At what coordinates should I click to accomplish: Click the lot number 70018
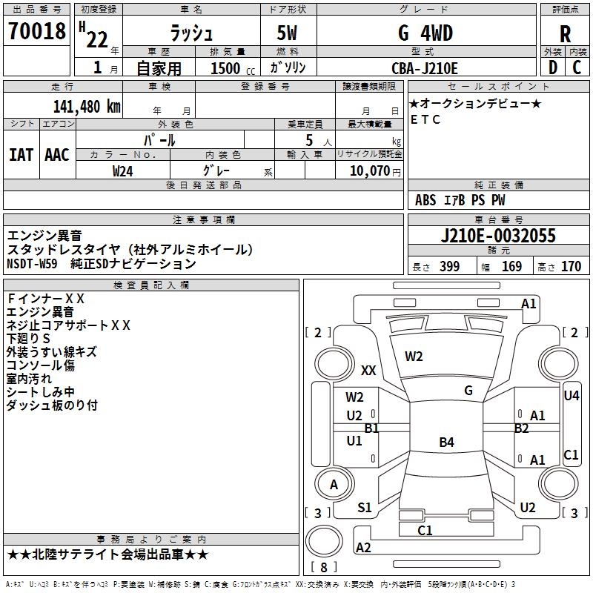(x=37, y=30)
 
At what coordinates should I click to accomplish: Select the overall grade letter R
(x=565, y=34)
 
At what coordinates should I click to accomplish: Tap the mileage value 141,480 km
(x=87, y=107)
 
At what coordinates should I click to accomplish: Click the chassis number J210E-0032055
(x=498, y=235)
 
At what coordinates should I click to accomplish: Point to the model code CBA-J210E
(x=424, y=68)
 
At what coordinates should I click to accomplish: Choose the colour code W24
(x=122, y=171)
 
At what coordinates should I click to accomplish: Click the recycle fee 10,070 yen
(x=375, y=171)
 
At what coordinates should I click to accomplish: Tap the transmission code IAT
(x=21, y=155)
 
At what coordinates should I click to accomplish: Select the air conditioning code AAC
(x=57, y=155)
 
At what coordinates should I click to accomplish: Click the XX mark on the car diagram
(x=368, y=370)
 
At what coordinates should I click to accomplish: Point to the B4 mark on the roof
(x=446, y=442)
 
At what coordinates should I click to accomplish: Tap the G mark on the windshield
(x=468, y=391)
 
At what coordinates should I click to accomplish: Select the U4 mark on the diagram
(x=571, y=396)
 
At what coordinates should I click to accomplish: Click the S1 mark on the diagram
(x=364, y=508)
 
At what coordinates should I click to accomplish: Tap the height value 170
(x=571, y=266)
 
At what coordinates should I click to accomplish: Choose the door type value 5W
(x=287, y=33)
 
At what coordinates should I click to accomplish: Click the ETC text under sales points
(x=425, y=119)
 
